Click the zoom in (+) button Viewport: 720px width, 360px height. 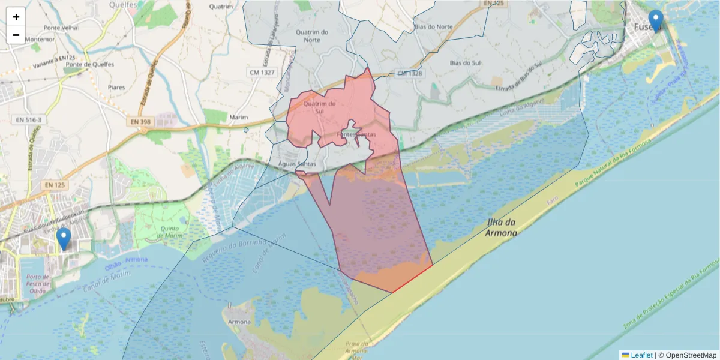pyautogui.click(x=16, y=17)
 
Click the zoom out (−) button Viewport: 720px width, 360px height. pyautogui.click(x=16, y=35)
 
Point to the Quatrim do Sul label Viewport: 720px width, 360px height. pyautogui.click(x=319, y=107)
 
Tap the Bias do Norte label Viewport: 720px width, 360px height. pyautogui.click(x=433, y=27)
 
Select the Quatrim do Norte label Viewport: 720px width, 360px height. pyautogui.click(x=316, y=36)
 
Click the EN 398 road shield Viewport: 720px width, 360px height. pyautogui.click(x=141, y=122)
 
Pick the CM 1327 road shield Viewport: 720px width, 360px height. pyautogui.click(x=262, y=73)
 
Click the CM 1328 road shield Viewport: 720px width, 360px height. pyautogui.click(x=410, y=73)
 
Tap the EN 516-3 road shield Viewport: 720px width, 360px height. pyautogui.click(x=29, y=120)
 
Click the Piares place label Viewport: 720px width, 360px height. pyautogui.click(x=116, y=88)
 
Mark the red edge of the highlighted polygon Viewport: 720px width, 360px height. pyautogui.click(x=412, y=278)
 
